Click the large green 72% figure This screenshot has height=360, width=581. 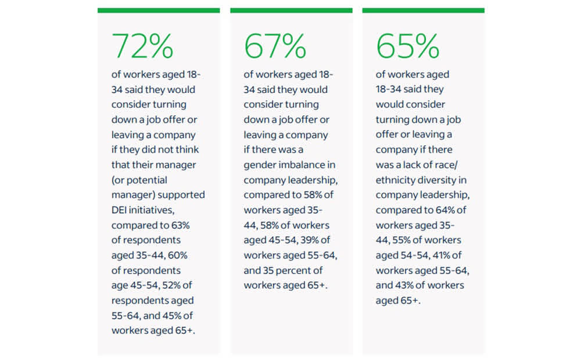pyautogui.click(x=142, y=46)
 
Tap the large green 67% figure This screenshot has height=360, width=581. pyautogui.click(x=275, y=46)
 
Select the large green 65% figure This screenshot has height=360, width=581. pyautogui.click(x=407, y=46)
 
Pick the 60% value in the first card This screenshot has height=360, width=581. pyautogui.click(x=177, y=255)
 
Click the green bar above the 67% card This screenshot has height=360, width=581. pyautogui.click(x=291, y=10)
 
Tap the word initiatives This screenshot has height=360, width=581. pyautogui.click(x=152, y=210)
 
